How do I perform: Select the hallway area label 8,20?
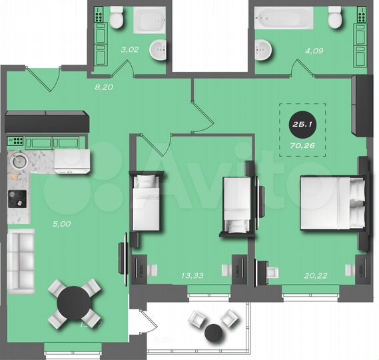102,87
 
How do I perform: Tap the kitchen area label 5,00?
61,224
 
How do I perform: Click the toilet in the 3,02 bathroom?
117,17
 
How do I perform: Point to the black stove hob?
17,197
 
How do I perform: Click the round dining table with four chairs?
75,304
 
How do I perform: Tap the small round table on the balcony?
214,331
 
